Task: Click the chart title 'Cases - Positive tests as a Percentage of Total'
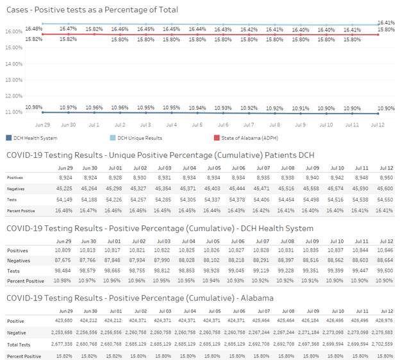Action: click(x=92, y=10)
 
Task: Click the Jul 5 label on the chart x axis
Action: click(x=197, y=124)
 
